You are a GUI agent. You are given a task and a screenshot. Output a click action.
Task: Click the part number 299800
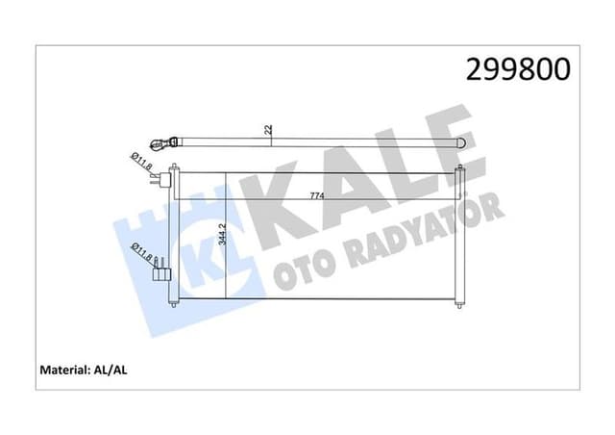518,69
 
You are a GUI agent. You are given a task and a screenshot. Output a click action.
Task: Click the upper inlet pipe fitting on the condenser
169,179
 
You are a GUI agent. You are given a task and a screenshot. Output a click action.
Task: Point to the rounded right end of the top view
474,141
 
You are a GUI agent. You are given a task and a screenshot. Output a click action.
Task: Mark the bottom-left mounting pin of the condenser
173,307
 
